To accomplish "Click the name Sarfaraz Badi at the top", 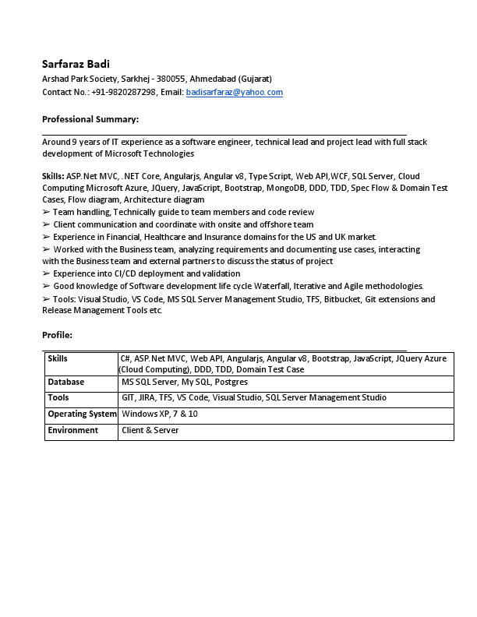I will [x=76, y=64].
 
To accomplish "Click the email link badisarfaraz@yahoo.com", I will [x=235, y=92].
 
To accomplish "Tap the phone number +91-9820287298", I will [x=122, y=92].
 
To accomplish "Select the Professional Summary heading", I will [x=90, y=119].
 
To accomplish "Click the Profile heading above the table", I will [x=57, y=335].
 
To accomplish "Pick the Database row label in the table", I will [x=66, y=382].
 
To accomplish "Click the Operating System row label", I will [x=82, y=414].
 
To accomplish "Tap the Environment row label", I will [x=72, y=430].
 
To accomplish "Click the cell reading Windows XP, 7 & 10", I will [x=160, y=414].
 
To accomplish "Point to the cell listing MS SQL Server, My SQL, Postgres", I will [x=185, y=382].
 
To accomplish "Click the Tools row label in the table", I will [x=58, y=397].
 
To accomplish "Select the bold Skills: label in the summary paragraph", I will [x=53, y=176].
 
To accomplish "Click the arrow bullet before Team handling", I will [x=46, y=212].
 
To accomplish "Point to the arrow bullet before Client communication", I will [x=46, y=224].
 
